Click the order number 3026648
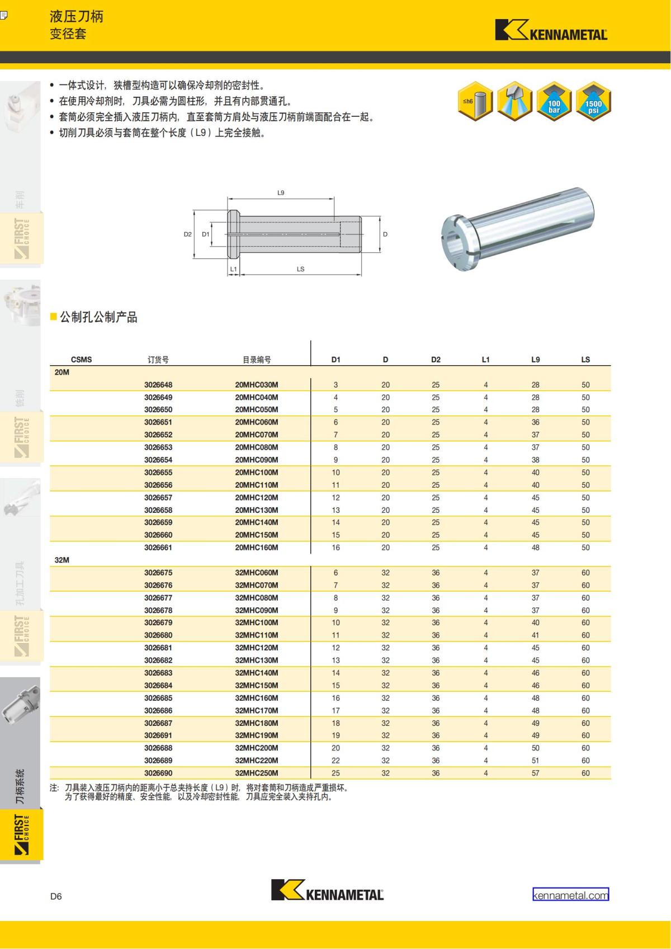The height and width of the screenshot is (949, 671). click(x=158, y=385)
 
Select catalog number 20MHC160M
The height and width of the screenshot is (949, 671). click(x=256, y=547)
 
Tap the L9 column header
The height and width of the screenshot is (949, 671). click(x=535, y=360)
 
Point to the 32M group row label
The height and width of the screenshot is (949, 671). click(x=62, y=560)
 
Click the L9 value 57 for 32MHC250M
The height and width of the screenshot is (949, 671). click(x=535, y=773)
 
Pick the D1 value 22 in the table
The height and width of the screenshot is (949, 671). click(x=335, y=761)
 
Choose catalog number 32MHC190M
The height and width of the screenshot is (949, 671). click(x=256, y=735)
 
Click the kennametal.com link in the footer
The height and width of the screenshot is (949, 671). click(x=570, y=895)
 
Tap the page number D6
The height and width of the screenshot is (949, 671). click(x=56, y=896)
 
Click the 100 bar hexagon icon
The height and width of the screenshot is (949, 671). click(x=554, y=102)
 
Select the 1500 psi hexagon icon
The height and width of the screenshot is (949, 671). click(x=593, y=102)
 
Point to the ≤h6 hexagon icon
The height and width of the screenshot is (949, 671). click(x=475, y=102)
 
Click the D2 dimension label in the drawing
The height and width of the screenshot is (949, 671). click(x=188, y=234)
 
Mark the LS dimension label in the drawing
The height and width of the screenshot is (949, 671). click(x=300, y=269)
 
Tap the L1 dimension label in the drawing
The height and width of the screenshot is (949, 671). click(x=234, y=269)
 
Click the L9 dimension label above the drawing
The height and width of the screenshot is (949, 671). click(x=281, y=193)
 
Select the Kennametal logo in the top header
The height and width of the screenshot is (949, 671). click(x=551, y=31)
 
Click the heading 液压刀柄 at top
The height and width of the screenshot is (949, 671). click(x=76, y=16)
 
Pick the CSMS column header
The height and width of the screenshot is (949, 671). click(x=81, y=360)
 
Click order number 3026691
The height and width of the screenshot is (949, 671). click(x=158, y=735)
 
